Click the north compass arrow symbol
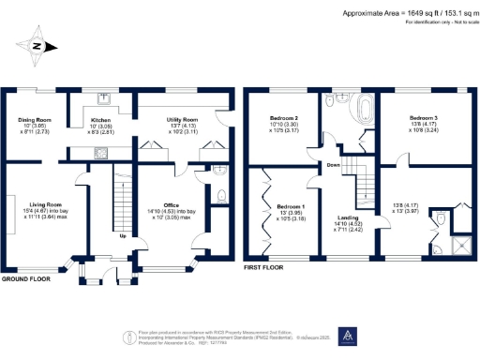coord(37,45)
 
